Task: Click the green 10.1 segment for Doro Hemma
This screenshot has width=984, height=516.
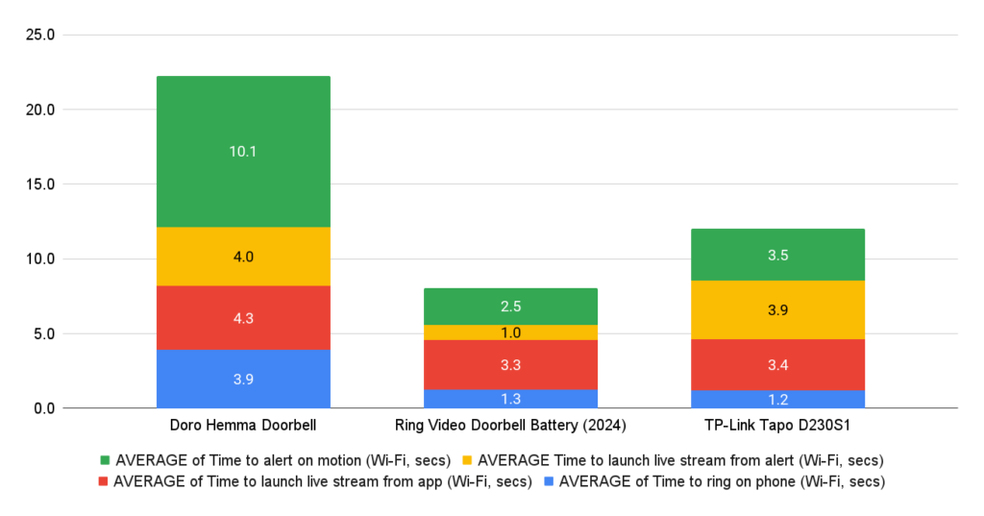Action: (x=243, y=151)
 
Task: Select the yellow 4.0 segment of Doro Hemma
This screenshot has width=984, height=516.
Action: (x=243, y=257)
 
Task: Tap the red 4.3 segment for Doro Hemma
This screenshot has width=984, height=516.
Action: (x=243, y=317)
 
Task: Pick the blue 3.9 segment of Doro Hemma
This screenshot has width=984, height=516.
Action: (x=243, y=379)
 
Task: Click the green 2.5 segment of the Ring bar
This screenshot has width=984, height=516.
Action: (x=510, y=307)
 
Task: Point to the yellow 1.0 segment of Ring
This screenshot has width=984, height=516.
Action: (x=510, y=332)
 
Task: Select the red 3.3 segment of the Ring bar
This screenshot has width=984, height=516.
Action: (x=510, y=364)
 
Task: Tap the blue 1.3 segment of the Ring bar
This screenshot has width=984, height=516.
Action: (x=510, y=399)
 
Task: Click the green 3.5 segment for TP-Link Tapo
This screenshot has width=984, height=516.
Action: (x=777, y=255)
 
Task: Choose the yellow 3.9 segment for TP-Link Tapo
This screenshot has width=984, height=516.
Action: (x=777, y=309)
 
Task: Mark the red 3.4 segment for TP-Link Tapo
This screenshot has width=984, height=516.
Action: (x=777, y=364)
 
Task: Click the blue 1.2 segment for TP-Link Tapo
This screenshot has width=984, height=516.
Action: (x=777, y=399)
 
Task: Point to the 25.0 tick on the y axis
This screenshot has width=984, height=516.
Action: (x=40, y=36)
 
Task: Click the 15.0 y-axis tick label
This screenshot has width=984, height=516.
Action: (x=40, y=184)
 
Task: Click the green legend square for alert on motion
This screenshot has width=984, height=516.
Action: (x=105, y=459)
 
